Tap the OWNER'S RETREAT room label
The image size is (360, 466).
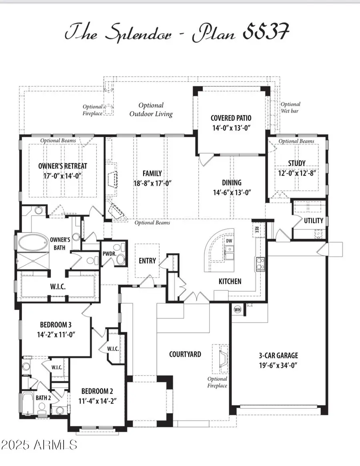coord(62,166)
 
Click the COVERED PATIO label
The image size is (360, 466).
coord(231,118)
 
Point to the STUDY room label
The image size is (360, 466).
coord(296,163)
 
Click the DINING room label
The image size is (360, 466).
coord(232,182)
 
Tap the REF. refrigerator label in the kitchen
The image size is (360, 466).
coord(257,230)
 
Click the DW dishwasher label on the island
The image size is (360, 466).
coord(229,241)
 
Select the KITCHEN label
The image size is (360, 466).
coord(230,281)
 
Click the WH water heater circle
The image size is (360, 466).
coord(237,309)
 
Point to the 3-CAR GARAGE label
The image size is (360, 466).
coord(278,355)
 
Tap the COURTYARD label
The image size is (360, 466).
coord(185,354)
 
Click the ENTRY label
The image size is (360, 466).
coord(147,260)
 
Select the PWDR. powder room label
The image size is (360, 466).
coord(109,253)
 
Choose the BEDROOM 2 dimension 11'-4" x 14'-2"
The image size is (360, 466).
coord(98,400)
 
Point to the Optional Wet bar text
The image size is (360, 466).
coord(290,107)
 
